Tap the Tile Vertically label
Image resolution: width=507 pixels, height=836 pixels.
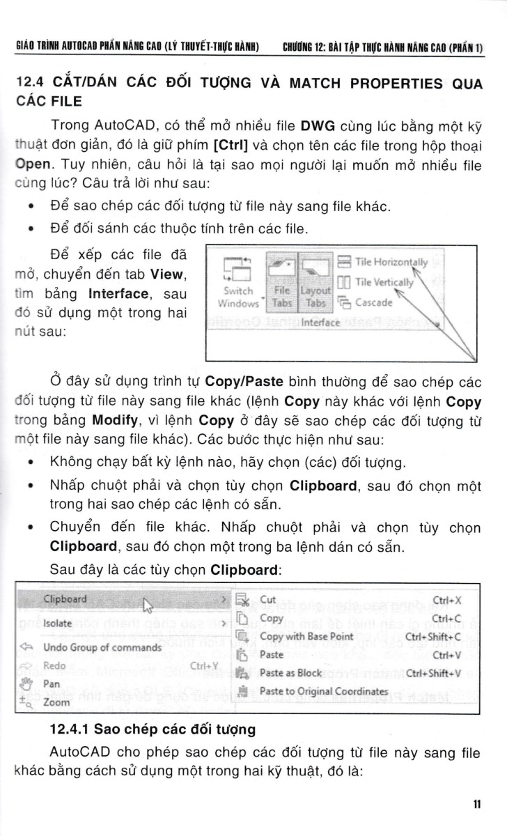pyautogui.click(x=384, y=282)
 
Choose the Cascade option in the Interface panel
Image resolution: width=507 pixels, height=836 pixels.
pyautogui.click(x=374, y=302)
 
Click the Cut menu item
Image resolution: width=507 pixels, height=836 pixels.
pyautogui.click(x=268, y=599)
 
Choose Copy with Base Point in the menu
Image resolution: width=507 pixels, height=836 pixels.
pyautogui.click(x=306, y=636)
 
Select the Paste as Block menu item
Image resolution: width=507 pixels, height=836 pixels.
pyautogui.click(x=291, y=672)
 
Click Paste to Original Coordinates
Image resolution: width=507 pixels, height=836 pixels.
pyautogui.click(x=323, y=690)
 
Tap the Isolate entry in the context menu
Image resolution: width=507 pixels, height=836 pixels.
pyautogui.click(x=58, y=623)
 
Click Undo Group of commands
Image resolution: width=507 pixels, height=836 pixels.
pyautogui.click(x=102, y=647)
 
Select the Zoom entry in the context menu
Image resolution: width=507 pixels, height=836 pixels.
pyautogui.click(x=56, y=702)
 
